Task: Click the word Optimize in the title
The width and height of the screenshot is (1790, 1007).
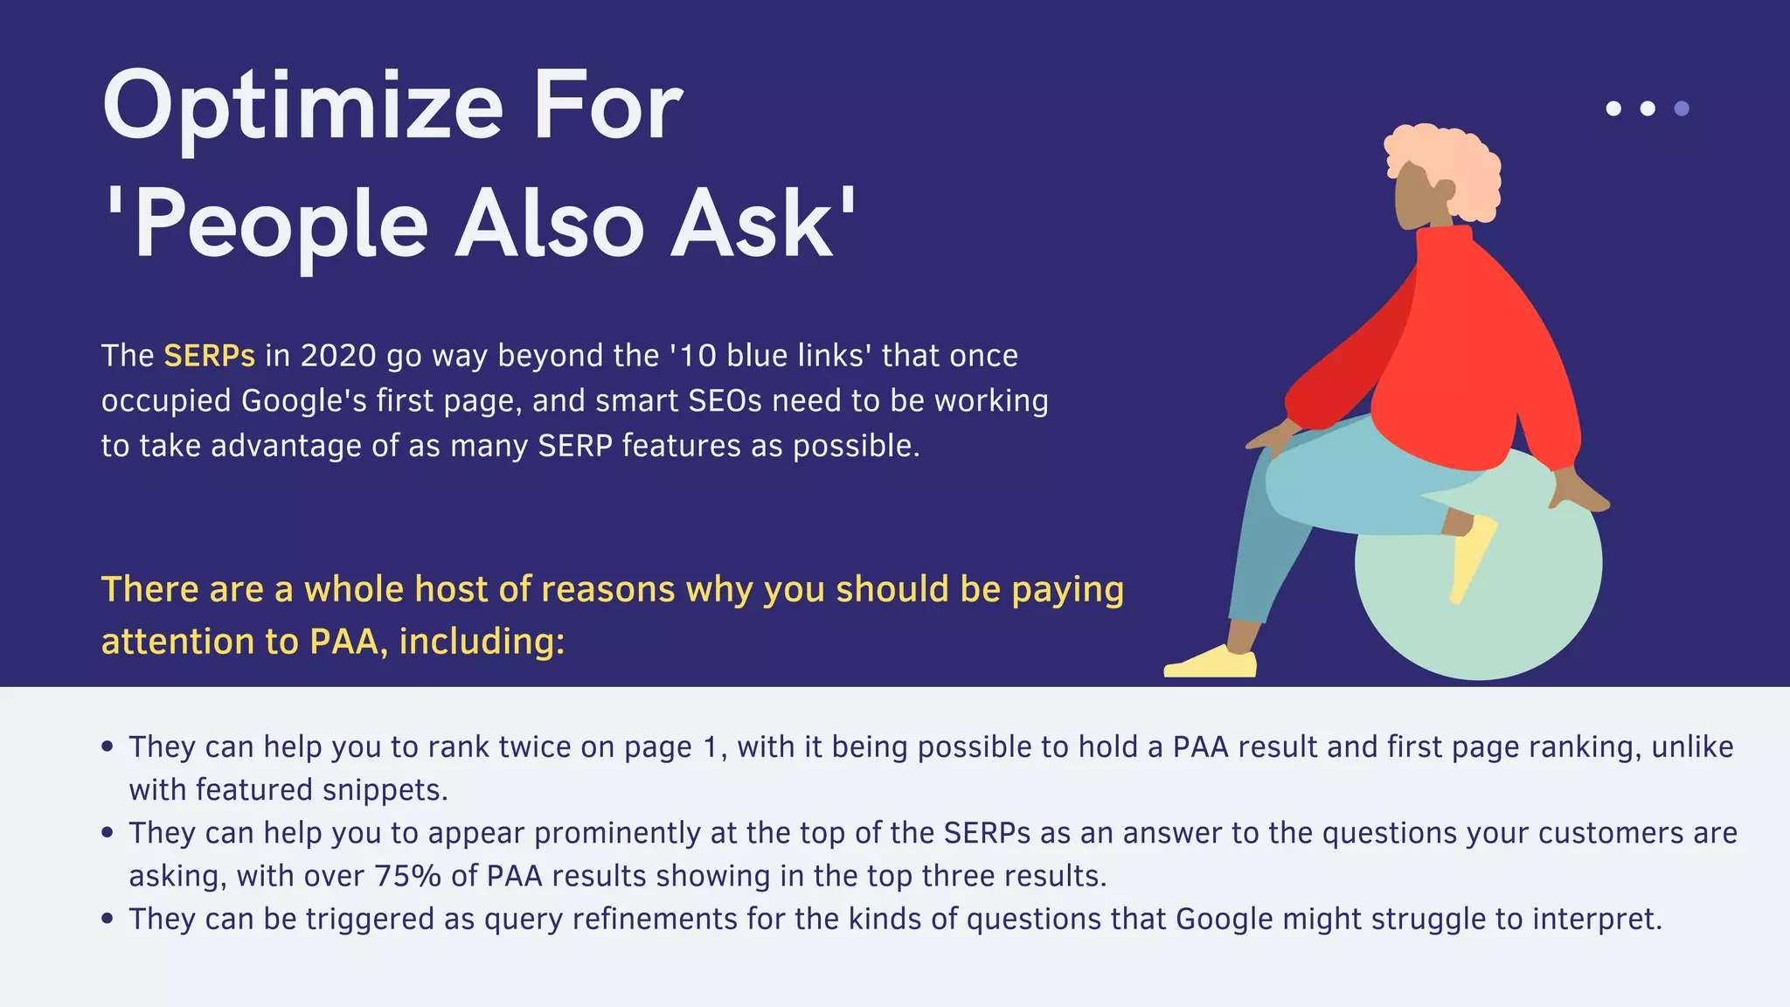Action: coord(302,108)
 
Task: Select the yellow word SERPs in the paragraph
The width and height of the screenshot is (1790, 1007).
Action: coord(209,357)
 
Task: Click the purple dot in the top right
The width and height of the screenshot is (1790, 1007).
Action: coord(1681,108)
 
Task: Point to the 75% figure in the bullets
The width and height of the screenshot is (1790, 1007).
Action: coord(407,876)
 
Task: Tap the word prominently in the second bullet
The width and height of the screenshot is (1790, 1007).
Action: coord(617,833)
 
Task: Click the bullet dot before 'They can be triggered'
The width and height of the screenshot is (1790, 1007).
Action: coord(108,919)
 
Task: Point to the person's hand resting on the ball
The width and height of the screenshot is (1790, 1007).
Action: coord(1578,494)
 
